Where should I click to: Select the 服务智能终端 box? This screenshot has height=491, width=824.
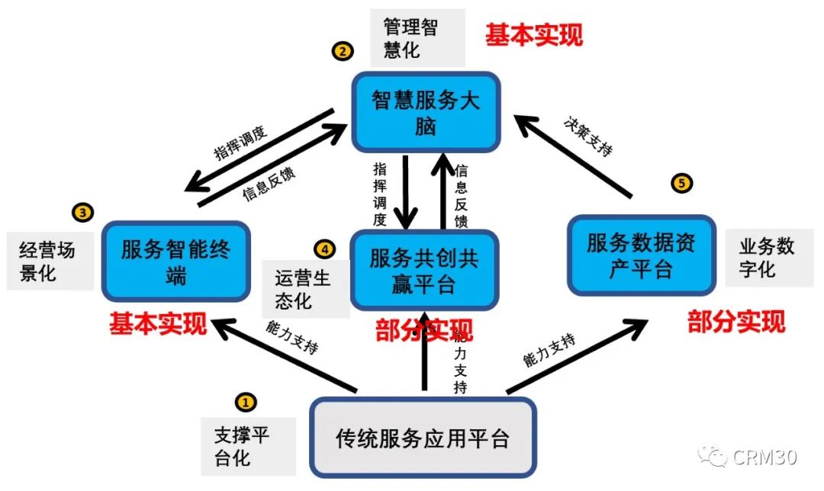coord(175,261)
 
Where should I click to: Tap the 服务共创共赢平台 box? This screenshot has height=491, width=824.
coord(424,271)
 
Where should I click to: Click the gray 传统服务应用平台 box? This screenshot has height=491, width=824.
coord(423,438)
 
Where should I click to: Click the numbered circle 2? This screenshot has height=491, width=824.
coord(342,51)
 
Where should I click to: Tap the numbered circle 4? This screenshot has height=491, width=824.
coord(324,249)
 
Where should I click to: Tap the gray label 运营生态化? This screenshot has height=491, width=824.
coord(303,290)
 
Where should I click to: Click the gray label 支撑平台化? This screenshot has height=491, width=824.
coord(241,447)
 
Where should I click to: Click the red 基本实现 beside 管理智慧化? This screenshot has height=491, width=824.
coord(534,35)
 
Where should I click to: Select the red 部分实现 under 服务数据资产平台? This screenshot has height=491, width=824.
coord(736,321)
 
